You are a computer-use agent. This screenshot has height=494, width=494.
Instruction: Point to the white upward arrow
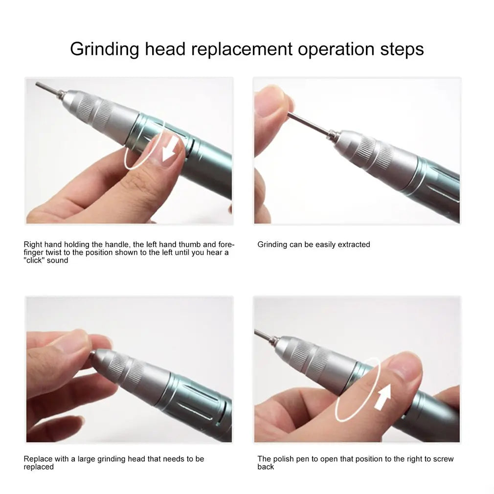pos(382,396)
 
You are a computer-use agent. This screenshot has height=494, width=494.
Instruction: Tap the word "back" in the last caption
pos(266,467)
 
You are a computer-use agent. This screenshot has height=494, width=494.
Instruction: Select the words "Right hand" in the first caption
pos(41,245)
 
